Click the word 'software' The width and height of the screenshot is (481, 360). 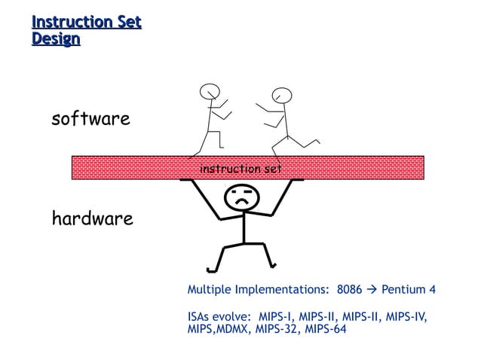pos(90,119)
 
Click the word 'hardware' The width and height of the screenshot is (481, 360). pos(92,219)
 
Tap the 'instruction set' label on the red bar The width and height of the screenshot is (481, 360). pos(240,169)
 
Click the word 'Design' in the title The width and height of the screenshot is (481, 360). pos(56,38)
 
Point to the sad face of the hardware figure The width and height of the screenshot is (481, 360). pos(242,199)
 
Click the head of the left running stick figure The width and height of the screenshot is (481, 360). pos(209,92)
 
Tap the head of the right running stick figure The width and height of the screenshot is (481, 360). pos(282,95)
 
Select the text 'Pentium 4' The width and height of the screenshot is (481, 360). pos(409,290)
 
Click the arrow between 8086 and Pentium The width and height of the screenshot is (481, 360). pos(372,290)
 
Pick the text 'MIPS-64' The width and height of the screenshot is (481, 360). pos(324,329)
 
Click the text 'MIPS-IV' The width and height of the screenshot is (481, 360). pos(406,316)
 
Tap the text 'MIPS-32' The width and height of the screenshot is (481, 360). pos(277,329)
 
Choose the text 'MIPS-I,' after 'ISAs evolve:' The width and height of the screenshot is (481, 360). pos(279,316)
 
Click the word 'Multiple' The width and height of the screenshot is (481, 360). pos(209,290)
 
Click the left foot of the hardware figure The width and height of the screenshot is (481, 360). pos(212,270)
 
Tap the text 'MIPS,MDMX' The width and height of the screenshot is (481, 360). pos(219,329)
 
